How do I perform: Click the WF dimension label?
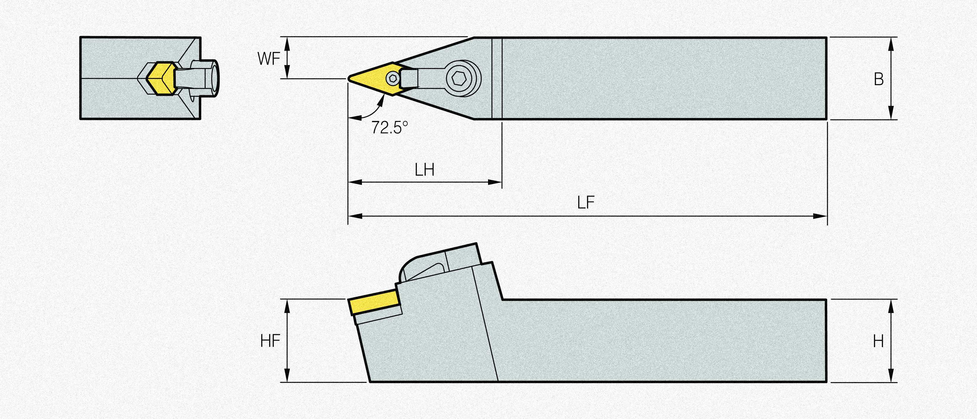coord(269,59)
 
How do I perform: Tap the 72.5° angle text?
coord(389,127)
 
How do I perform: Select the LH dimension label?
coord(425,170)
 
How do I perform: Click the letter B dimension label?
coord(879,79)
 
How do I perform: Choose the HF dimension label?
coord(270,342)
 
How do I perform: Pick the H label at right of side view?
coord(878,342)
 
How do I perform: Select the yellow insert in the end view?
coord(160,79)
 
